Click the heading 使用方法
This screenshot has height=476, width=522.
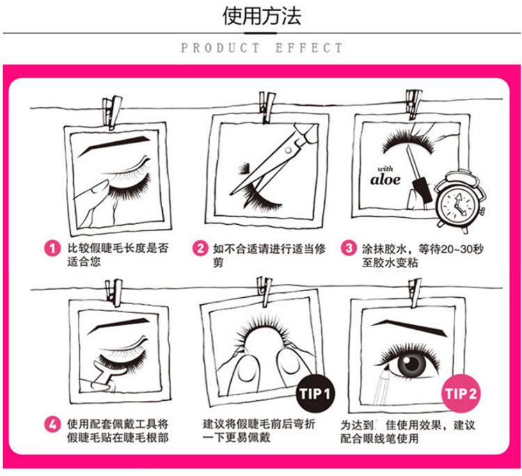tap(262, 15)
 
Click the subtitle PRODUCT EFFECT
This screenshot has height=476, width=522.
tap(262, 48)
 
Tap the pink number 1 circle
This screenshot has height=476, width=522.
tap(52, 248)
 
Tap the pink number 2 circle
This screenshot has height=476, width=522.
tap(200, 248)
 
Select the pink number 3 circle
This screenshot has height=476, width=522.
tap(349, 248)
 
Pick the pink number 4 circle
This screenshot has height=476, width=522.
tap(52, 425)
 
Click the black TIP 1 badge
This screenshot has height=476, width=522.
tap(315, 393)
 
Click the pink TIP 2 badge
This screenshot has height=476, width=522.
tap(461, 393)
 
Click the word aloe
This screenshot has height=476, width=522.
tap(385, 180)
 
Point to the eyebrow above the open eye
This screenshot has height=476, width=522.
tap(410, 327)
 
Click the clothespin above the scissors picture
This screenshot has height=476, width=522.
tap(267, 107)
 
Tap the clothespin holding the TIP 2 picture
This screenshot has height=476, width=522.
tap(415, 293)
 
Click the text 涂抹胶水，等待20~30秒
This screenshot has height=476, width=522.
tap(422, 248)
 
